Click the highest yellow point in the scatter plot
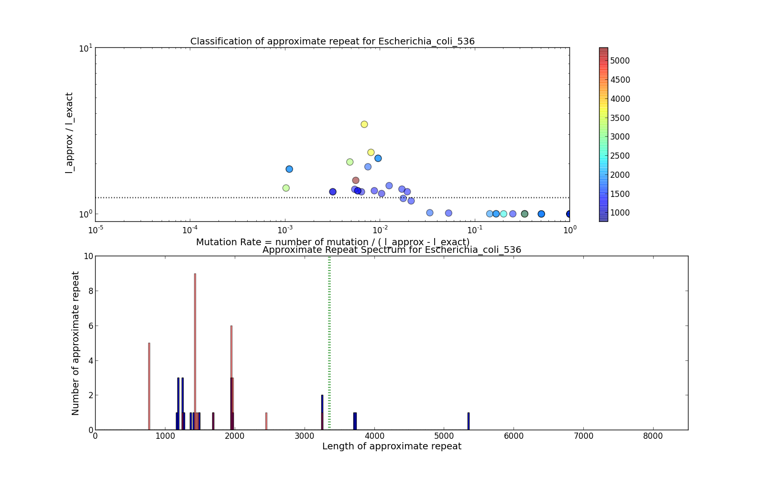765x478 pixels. pos(364,124)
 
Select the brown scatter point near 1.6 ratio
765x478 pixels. pos(356,180)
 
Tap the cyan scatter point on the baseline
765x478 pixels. pos(503,214)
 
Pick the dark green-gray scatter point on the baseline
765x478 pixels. pos(525,214)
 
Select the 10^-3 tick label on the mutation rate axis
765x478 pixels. pos(285,229)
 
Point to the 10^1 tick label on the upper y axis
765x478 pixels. pos(86,48)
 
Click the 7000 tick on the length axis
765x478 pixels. pos(583,436)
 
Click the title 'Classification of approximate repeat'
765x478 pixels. pos(332,42)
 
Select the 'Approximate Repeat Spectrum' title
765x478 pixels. pos(392,250)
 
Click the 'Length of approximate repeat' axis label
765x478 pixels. pos(392,446)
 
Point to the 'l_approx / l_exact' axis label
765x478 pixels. pos(70,132)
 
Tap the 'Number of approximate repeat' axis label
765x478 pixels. pos(76,343)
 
